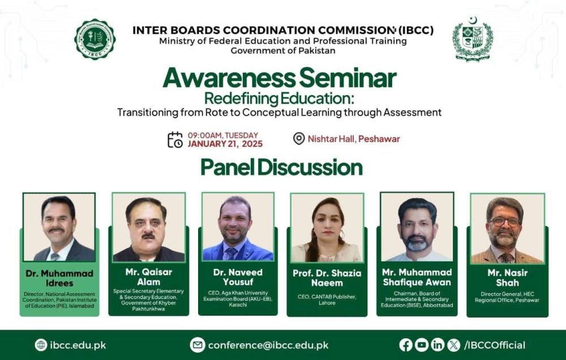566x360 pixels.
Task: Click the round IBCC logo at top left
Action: [x=95, y=39]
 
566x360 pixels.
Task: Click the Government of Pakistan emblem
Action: [x=472, y=38]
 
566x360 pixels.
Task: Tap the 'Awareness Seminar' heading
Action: [x=280, y=78]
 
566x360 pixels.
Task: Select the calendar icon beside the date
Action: [x=175, y=139]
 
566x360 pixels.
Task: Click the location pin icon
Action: [x=299, y=139]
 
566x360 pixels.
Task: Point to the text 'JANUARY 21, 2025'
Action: [x=225, y=144]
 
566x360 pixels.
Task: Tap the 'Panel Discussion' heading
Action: [x=281, y=168]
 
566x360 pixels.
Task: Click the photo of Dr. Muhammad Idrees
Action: [x=59, y=227]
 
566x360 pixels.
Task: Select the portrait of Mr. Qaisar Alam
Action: [x=148, y=227]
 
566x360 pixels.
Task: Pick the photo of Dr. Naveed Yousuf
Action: [x=238, y=227]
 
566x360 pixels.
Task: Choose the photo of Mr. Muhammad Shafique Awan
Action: [x=417, y=227]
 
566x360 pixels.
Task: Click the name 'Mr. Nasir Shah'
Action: [x=507, y=277]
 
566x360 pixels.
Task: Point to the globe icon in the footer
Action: [x=41, y=345]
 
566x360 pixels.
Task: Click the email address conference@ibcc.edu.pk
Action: [x=268, y=345]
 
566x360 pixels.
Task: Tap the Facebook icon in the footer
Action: [x=406, y=345]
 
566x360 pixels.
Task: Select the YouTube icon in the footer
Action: [x=422, y=345]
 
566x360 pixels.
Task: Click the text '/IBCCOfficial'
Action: [x=494, y=345]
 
